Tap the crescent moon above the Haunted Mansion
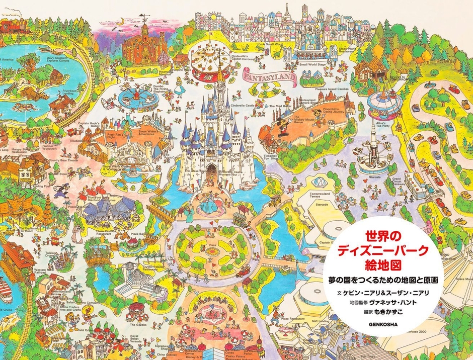(x=120, y=21)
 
